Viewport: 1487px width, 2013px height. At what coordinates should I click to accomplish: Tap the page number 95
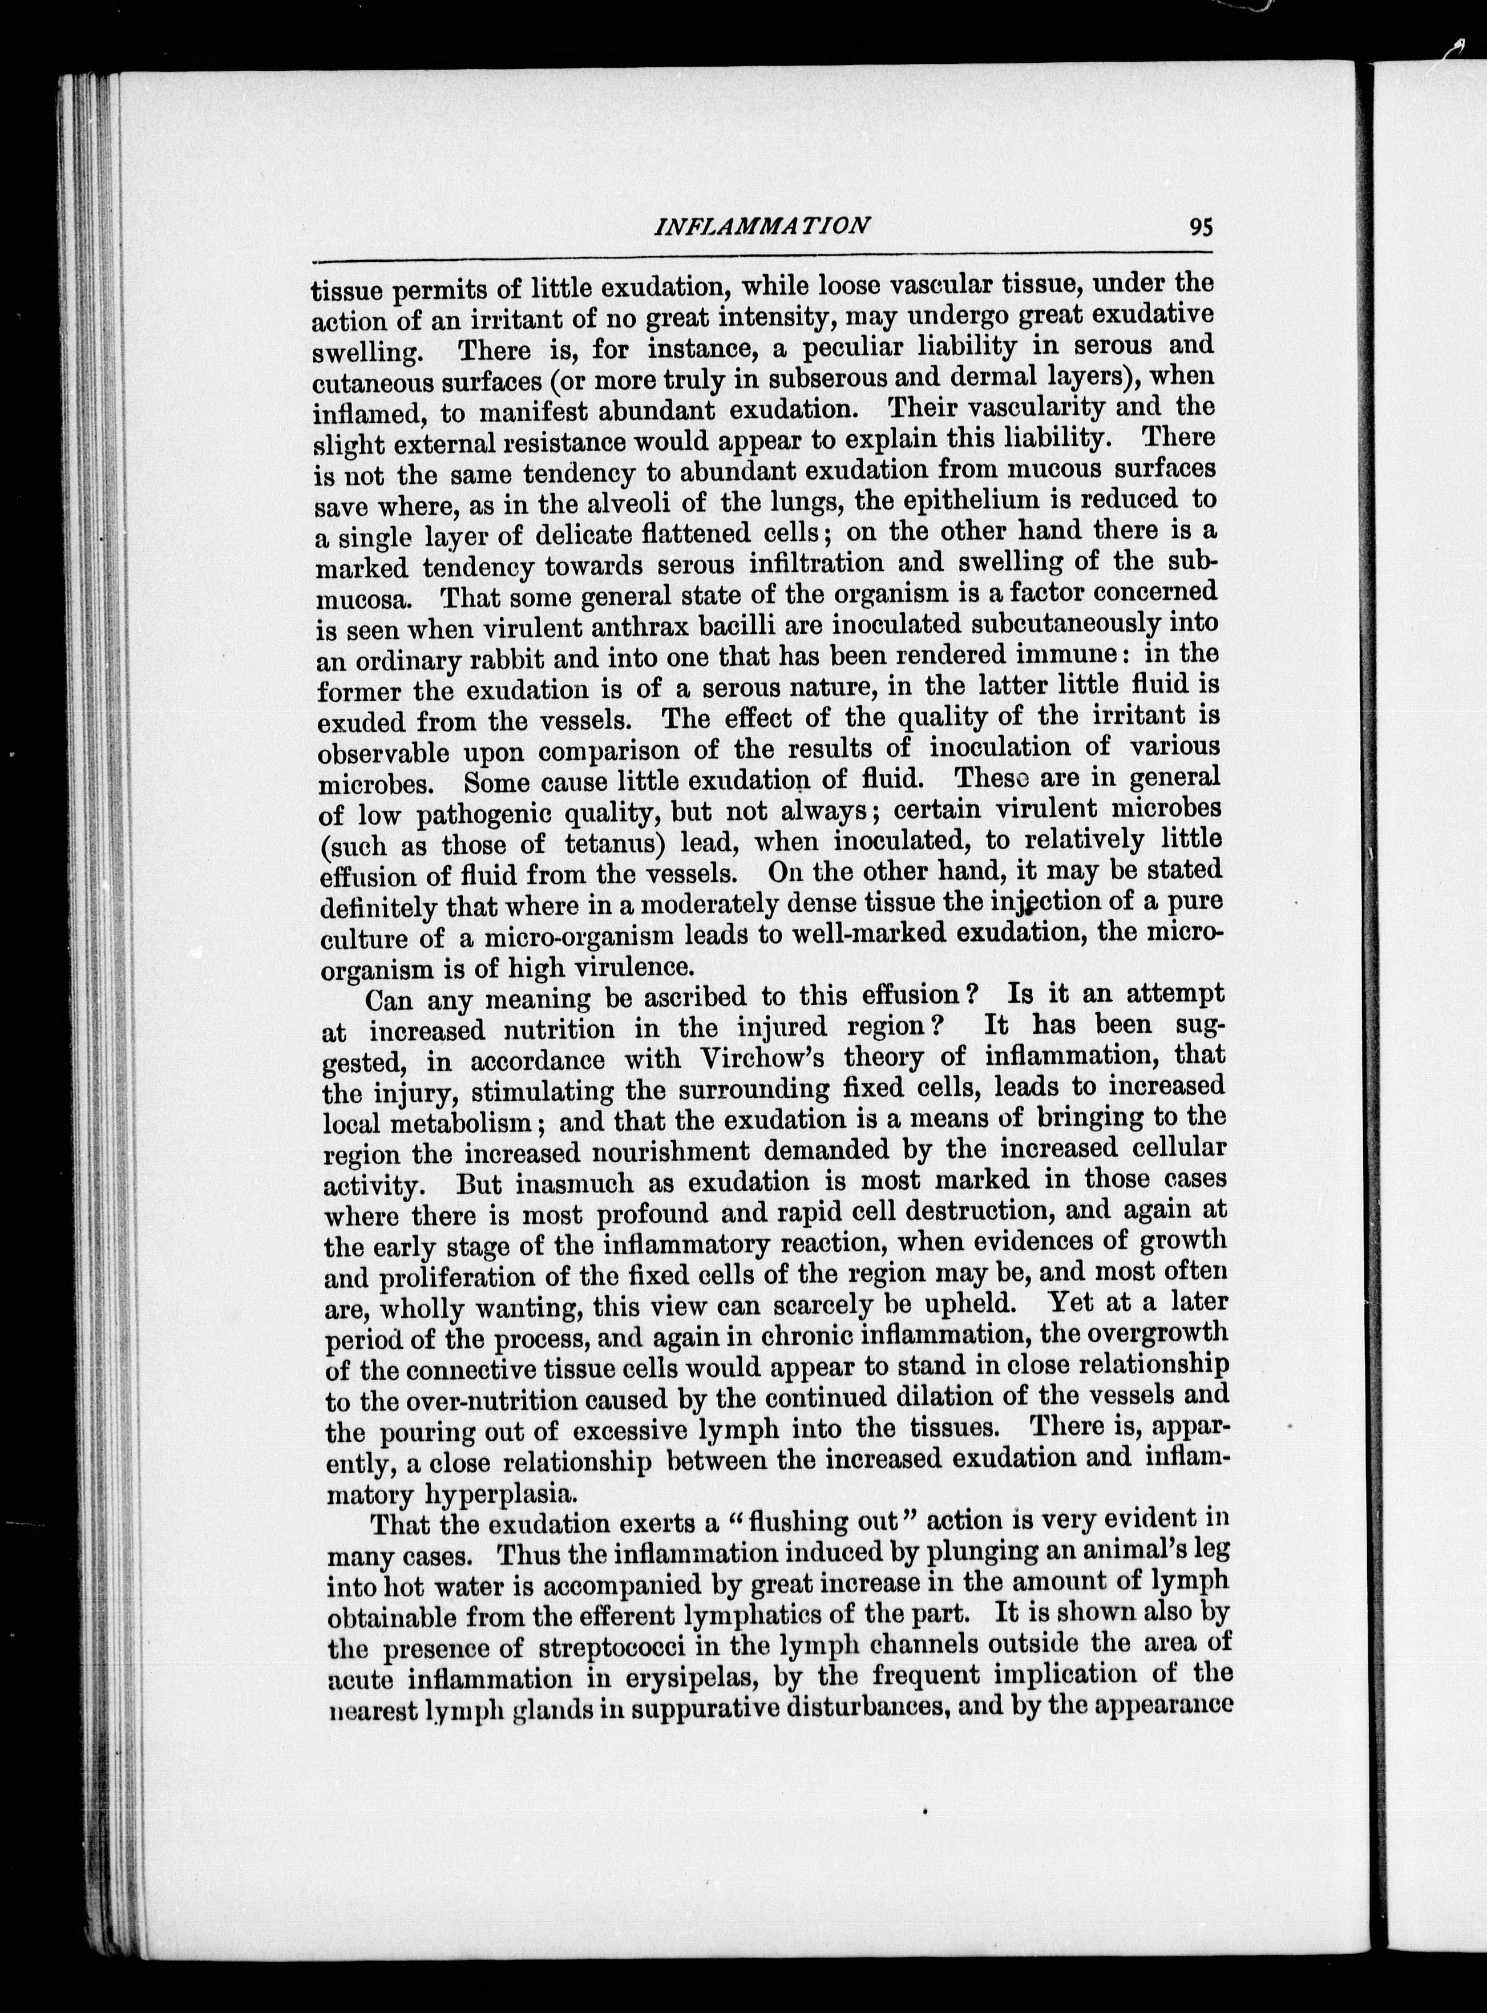pyautogui.click(x=1200, y=227)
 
